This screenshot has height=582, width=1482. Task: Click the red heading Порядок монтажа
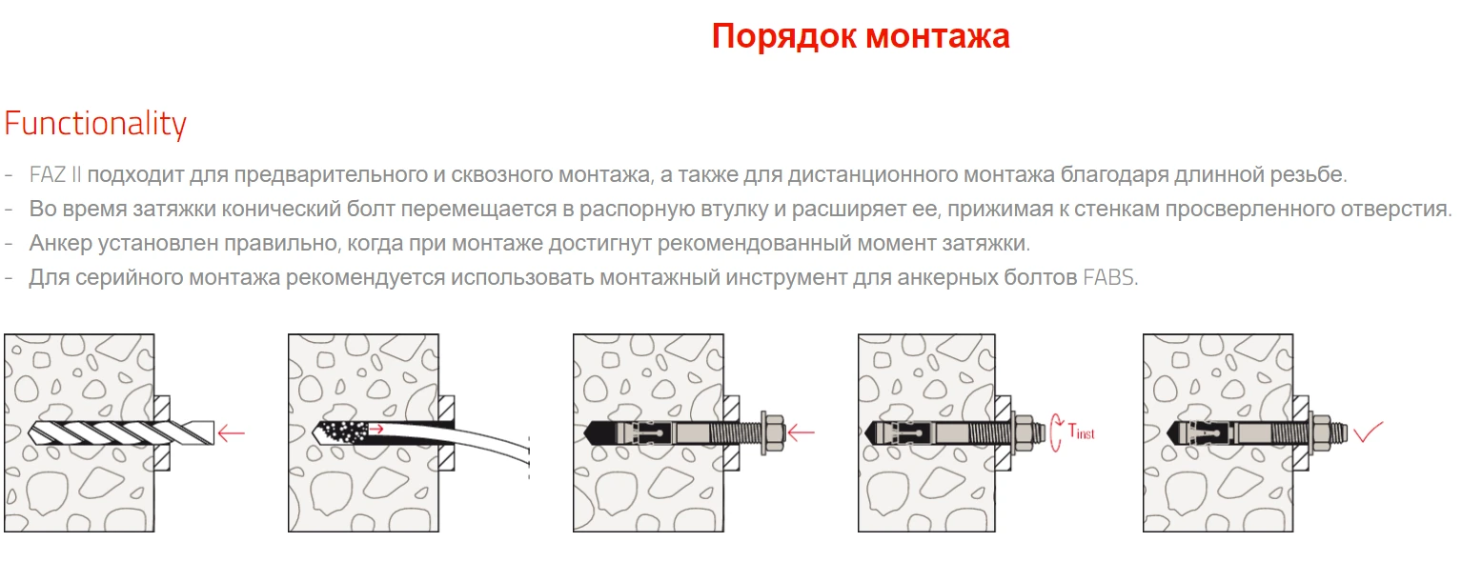pyautogui.click(x=861, y=36)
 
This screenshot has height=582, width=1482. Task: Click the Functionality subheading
pyautogui.click(x=95, y=124)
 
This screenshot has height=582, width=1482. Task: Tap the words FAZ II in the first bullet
pyautogui.click(x=55, y=174)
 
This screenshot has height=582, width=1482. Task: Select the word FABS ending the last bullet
pyautogui.click(x=1108, y=277)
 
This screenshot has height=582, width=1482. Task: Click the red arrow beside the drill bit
pyautogui.click(x=231, y=433)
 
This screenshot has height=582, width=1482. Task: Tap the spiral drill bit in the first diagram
pyautogui.click(x=122, y=433)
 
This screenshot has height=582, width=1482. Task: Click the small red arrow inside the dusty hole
pyautogui.click(x=376, y=430)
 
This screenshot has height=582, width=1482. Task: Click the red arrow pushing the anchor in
pyautogui.click(x=801, y=432)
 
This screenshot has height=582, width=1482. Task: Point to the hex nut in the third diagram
pyautogui.click(x=772, y=433)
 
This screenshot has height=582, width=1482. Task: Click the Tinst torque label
pyautogui.click(x=1081, y=431)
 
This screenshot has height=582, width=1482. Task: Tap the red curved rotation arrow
pyautogui.click(x=1055, y=432)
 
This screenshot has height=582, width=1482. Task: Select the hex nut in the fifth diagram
pyautogui.click(x=1321, y=433)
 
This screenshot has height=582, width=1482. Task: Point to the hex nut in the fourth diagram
pyautogui.click(x=1024, y=433)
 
